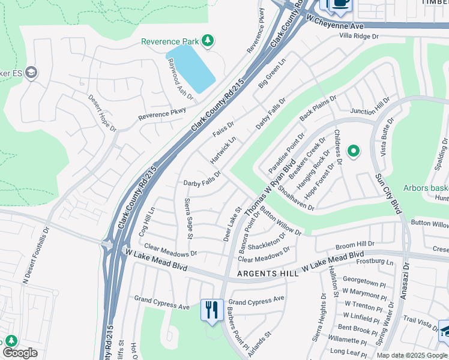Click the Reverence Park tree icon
point(208,41)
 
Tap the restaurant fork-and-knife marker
point(211,310)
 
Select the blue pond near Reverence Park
point(191,68)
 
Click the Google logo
point(19,353)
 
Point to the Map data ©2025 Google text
point(412,355)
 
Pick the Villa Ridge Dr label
point(359,36)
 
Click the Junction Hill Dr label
point(370,111)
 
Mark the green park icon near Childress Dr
point(354,151)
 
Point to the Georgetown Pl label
point(364,284)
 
